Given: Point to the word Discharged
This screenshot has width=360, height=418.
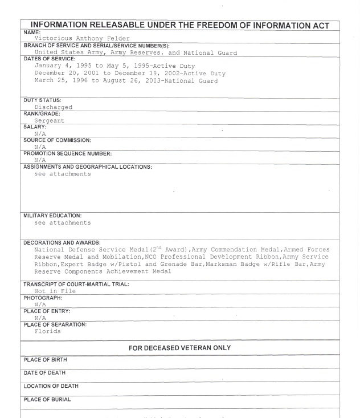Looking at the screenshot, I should [x=53, y=107].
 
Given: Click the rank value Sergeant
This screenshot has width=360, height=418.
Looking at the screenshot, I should [x=49, y=121].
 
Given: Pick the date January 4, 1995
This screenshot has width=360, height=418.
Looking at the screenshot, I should [x=66, y=66].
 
